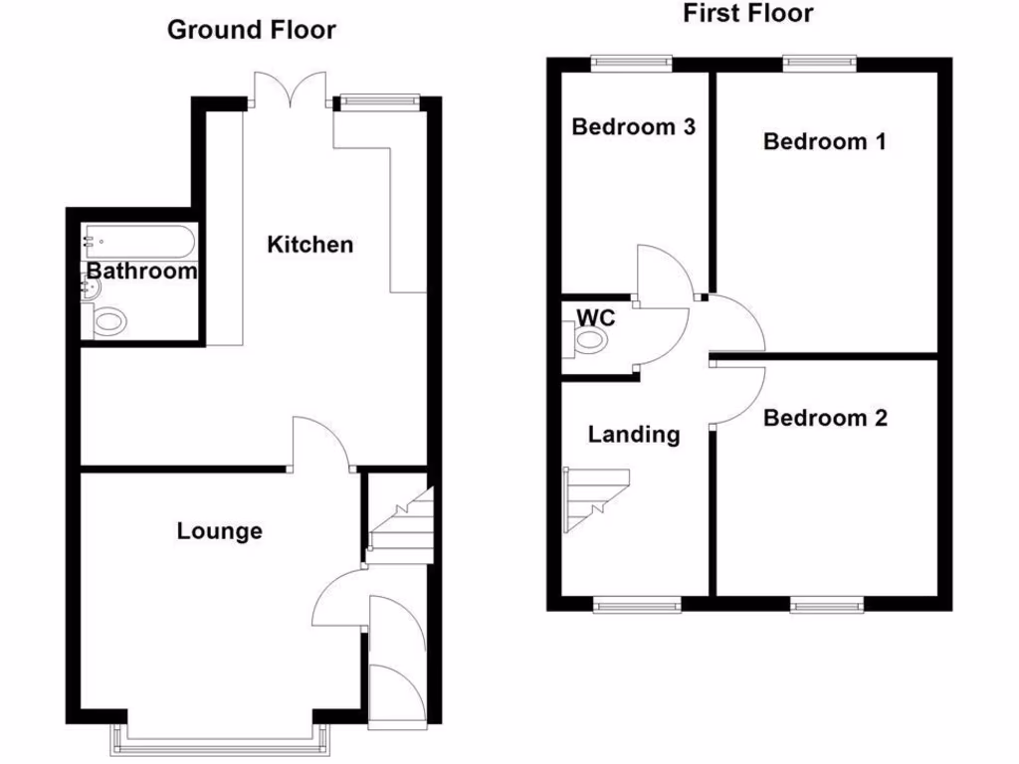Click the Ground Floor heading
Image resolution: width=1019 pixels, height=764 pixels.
click(x=251, y=30)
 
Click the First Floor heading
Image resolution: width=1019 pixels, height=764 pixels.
click(x=747, y=13)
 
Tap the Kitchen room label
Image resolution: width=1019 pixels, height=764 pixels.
click(x=309, y=244)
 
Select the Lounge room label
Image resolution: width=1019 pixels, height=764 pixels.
click(x=220, y=531)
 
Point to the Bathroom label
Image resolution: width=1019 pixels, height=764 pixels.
click(x=141, y=271)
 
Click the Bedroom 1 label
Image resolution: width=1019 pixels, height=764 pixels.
click(x=824, y=141)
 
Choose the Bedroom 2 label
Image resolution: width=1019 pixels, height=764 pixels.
click(x=824, y=418)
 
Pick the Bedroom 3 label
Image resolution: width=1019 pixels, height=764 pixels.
click(x=633, y=127)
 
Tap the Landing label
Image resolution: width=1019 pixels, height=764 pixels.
click(x=634, y=434)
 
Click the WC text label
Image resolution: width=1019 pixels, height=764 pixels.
click(x=595, y=318)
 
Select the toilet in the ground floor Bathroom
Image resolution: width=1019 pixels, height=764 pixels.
click(x=108, y=321)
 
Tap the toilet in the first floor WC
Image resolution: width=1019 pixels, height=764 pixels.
click(x=589, y=341)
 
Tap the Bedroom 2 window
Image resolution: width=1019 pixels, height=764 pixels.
click(x=826, y=603)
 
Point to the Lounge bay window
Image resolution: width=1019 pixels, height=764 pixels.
click(x=220, y=736)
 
